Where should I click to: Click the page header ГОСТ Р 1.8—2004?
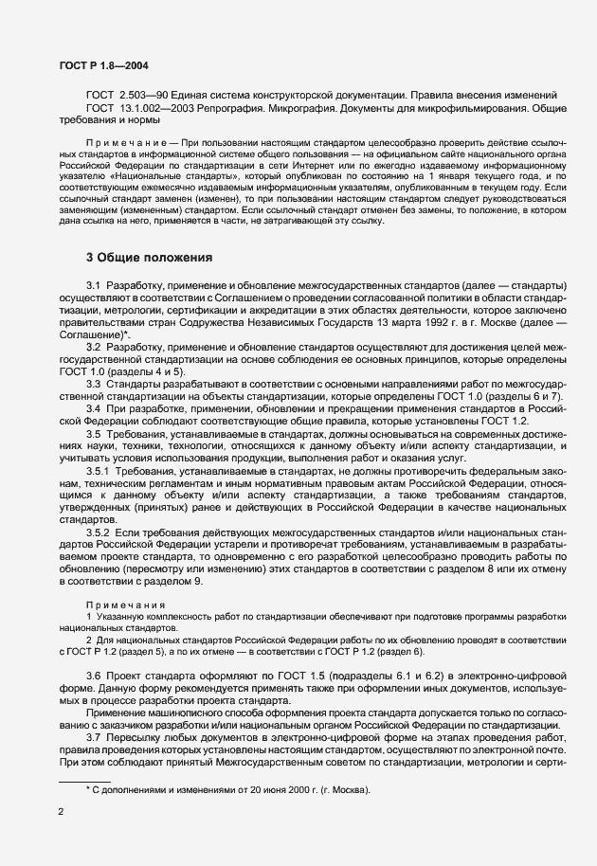click(x=102, y=65)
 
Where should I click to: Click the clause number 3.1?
click(x=94, y=285)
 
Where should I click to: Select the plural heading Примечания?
click(x=125, y=604)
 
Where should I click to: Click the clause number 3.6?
click(x=94, y=674)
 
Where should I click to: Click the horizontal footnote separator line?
click(x=85, y=781)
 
